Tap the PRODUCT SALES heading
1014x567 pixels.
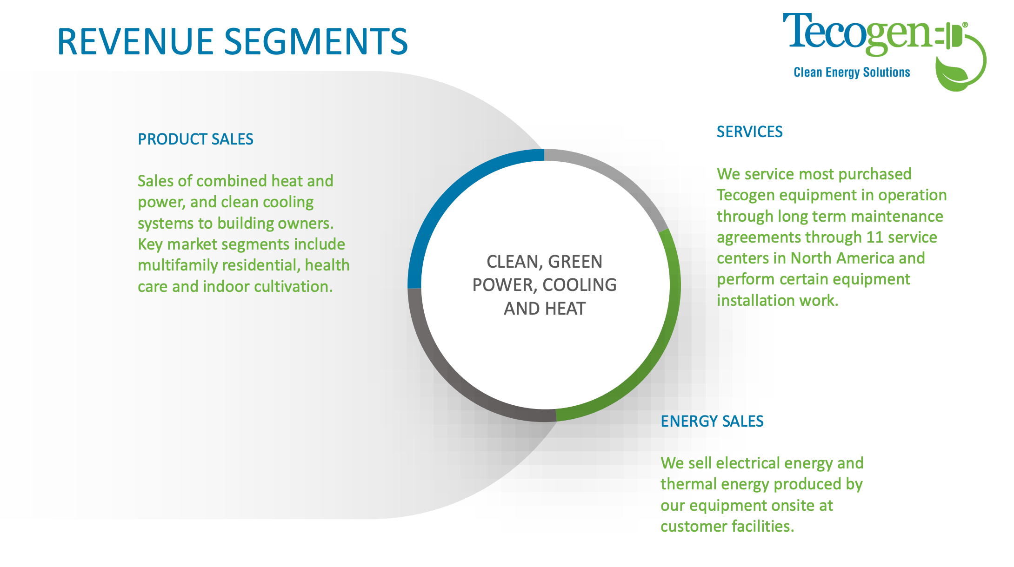(x=195, y=139)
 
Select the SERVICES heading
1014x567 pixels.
(x=749, y=132)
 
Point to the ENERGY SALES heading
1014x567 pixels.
(x=712, y=422)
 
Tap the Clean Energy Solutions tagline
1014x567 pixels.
(x=851, y=73)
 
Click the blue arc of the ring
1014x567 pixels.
(x=447, y=195)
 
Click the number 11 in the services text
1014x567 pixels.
(x=874, y=237)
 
